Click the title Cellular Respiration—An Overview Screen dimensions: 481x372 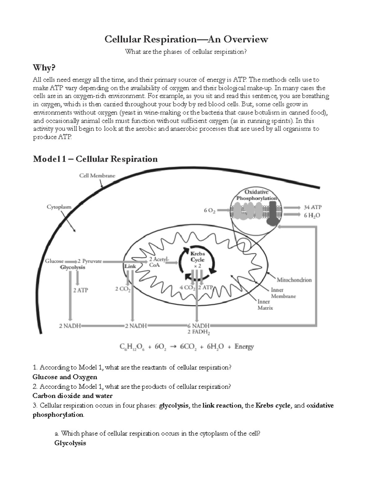point(186,39)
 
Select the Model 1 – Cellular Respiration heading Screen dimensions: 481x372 point(95,159)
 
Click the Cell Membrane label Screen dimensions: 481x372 point(97,176)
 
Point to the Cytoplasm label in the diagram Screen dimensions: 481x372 point(59,207)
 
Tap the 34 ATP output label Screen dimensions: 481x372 point(312,207)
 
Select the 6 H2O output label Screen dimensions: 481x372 point(312,215)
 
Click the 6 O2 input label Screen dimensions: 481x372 point(210,211)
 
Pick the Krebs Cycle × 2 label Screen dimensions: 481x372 point(197,260)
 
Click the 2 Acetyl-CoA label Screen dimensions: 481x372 point(158,262)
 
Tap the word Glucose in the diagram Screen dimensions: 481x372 point(54,261)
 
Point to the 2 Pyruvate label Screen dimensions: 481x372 point(90,261)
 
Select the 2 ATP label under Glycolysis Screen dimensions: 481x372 point(81,290)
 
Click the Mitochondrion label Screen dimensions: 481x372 point(294,280)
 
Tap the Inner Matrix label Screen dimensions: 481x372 point(265,305)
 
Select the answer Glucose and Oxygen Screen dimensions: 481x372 point(65,377)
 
